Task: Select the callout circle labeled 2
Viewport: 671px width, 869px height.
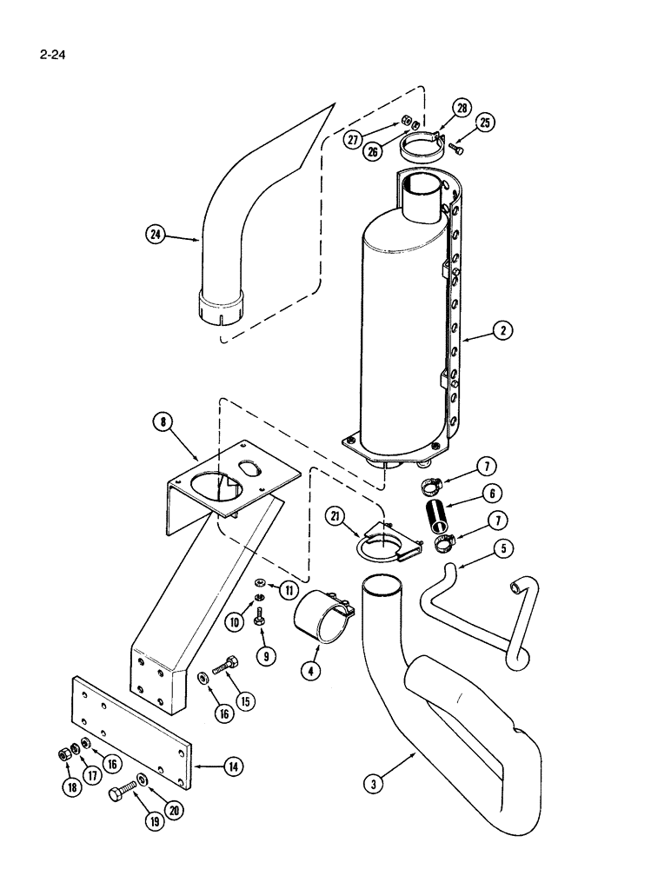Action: pos(502,329)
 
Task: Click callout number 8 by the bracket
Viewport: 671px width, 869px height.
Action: pos(163,422)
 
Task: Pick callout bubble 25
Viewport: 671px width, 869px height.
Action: pos(485,123)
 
